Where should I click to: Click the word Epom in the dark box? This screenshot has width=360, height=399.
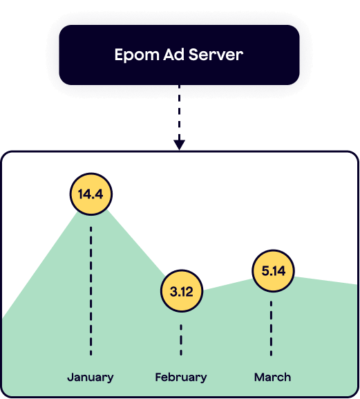coord(137,55)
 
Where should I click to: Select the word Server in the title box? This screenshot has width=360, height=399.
coord(216,54)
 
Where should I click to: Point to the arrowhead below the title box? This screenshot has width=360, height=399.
coord(179,145)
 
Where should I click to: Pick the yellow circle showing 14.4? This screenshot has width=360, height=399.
coord(91,194)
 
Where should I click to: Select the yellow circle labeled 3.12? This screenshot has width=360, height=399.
coord(182,291)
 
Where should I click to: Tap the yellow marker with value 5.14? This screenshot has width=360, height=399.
coord(274,271)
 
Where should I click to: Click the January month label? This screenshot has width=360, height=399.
coord(91,378)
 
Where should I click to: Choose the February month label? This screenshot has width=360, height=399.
coord(181,378)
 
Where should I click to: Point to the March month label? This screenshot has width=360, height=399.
coord(272,377)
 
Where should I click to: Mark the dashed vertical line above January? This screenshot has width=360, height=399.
coord(91,291)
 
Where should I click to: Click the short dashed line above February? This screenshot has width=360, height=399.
coord(181,340)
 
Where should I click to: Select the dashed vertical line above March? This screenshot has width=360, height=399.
coord(271,328)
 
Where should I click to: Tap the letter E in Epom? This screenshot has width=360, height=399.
coord(119,55)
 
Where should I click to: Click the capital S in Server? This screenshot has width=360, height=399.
coord(193,55)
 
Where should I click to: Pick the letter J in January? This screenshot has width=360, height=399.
coord(70,377)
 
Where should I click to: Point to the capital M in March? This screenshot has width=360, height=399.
coord(260,377)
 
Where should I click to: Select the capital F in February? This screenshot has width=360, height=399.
coord(159,377)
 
